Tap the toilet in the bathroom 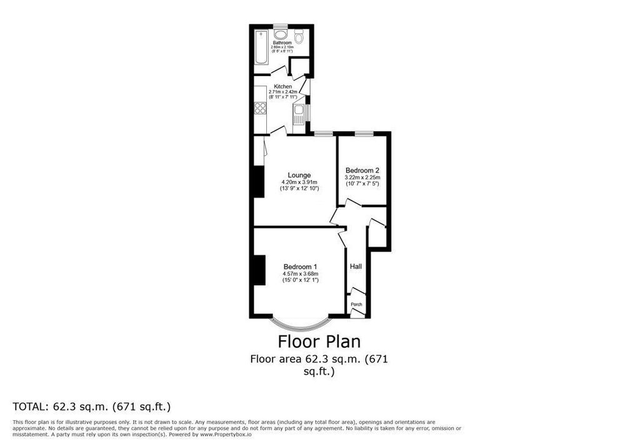click(299, 37)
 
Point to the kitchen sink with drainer click(299, 114)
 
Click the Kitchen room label click(282, 86)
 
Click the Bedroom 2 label click(362, 170)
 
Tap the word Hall click(356, 267)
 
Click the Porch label click(356, 305)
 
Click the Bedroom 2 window click(364, 133)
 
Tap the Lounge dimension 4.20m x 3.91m click(299, 182)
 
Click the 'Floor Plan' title click(319, 341)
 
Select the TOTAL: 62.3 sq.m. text click(92, 406)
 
